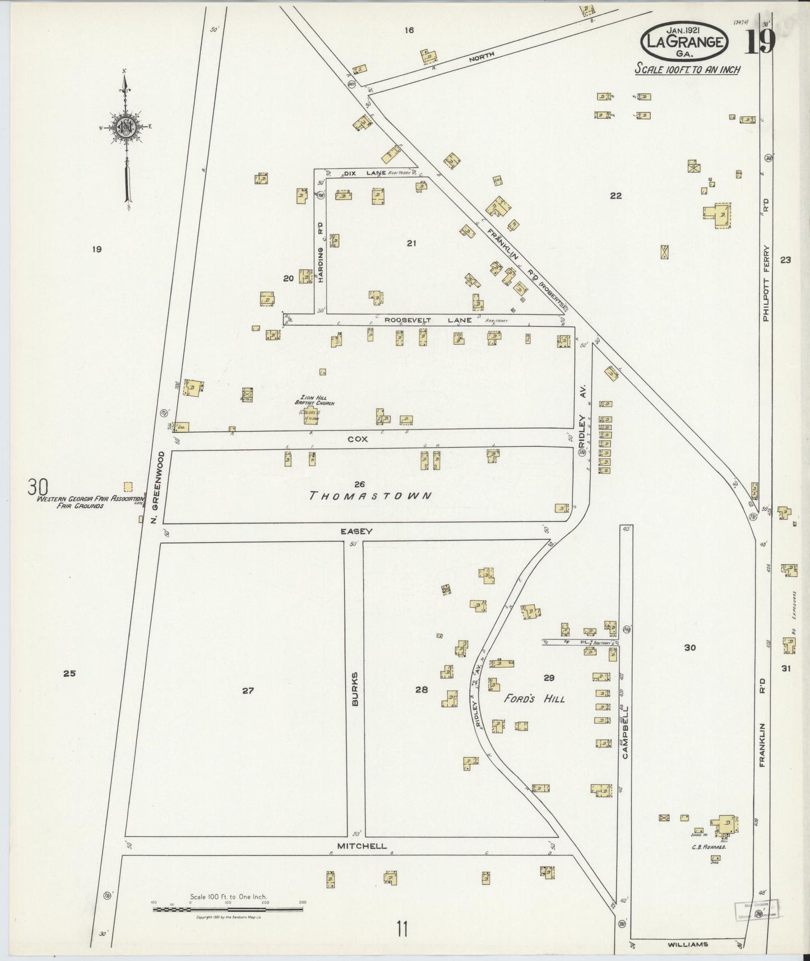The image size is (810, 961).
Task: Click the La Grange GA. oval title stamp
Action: point(685,41)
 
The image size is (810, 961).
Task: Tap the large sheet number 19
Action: point(760,41)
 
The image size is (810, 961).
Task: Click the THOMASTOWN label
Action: point(371,496)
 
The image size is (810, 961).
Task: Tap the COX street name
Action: point(358,439)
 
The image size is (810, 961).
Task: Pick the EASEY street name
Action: point(356,530)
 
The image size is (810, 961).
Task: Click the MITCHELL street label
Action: point(362,846)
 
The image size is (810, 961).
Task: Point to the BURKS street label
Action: point(354,688)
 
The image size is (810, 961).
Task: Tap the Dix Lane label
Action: point(364,173)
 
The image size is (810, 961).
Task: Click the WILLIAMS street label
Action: point(688,944)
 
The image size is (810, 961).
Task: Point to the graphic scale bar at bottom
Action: point(228,909)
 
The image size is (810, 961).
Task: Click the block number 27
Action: point(248,691)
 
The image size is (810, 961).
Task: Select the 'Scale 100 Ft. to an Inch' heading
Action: point(687,70)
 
